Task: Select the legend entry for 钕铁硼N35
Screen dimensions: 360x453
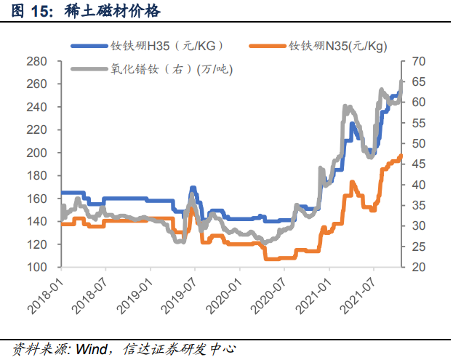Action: click(338, 46)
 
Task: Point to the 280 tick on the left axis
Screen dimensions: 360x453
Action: click(36, 61)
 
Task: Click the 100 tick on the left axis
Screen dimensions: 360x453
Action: click(36, 267)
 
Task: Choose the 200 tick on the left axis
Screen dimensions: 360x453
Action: click(36, 153)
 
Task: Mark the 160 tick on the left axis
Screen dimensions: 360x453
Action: click(36, 199)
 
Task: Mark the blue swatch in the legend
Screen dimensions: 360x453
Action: click(88, 46)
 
